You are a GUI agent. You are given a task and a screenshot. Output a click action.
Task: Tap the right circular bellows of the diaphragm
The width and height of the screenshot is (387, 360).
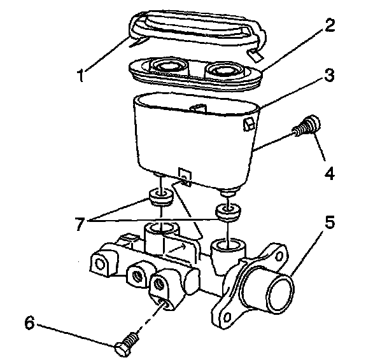point(224,70)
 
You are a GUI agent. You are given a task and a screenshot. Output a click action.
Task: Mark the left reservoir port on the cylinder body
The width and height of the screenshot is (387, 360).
point(162,230)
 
